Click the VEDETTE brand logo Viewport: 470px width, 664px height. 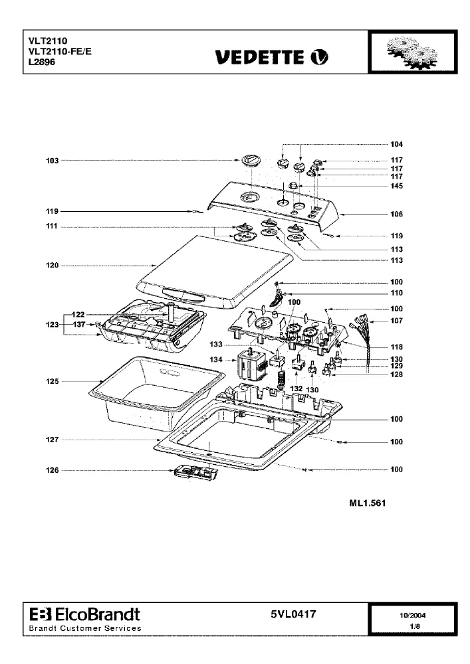click(272, 57)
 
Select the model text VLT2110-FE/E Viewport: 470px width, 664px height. click(60, 51)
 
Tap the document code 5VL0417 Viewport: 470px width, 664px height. click(293, 614)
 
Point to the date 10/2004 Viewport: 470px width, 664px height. click(412, 616)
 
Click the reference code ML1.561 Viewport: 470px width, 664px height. click(368, 503)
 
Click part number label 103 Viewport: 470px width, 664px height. click(52, 161)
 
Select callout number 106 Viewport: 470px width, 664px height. click(397, 214)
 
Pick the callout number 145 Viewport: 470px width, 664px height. click(397, 186)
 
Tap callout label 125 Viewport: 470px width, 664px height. click(52, 381)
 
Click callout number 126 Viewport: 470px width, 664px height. click(52, 470)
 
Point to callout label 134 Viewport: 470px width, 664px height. click(215, 359)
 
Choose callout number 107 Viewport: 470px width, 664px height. click(397, 321)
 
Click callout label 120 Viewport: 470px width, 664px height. click(52, 266)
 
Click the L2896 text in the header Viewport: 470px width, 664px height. click(41, 62)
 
